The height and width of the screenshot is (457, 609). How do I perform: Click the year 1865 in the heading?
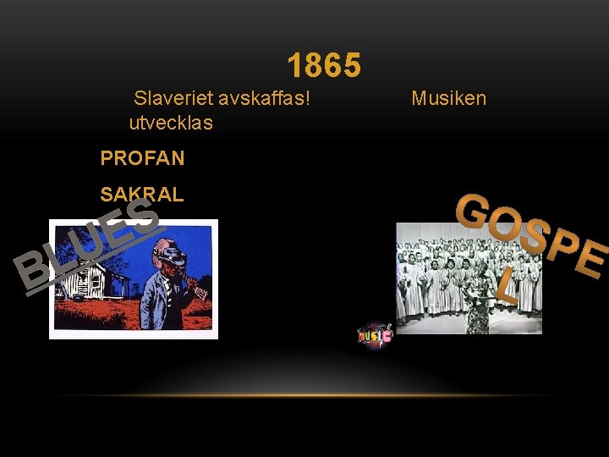point(324,65)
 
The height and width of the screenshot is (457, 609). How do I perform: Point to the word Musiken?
point(448,98)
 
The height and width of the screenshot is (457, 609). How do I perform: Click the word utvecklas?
point(171,123)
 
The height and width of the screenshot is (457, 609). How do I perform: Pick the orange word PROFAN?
point(142,158)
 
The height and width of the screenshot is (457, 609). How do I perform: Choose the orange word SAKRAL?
point(141,194)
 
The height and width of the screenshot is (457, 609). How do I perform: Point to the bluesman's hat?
point(173,252)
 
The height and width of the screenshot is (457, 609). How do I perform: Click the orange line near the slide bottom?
point(304,395)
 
